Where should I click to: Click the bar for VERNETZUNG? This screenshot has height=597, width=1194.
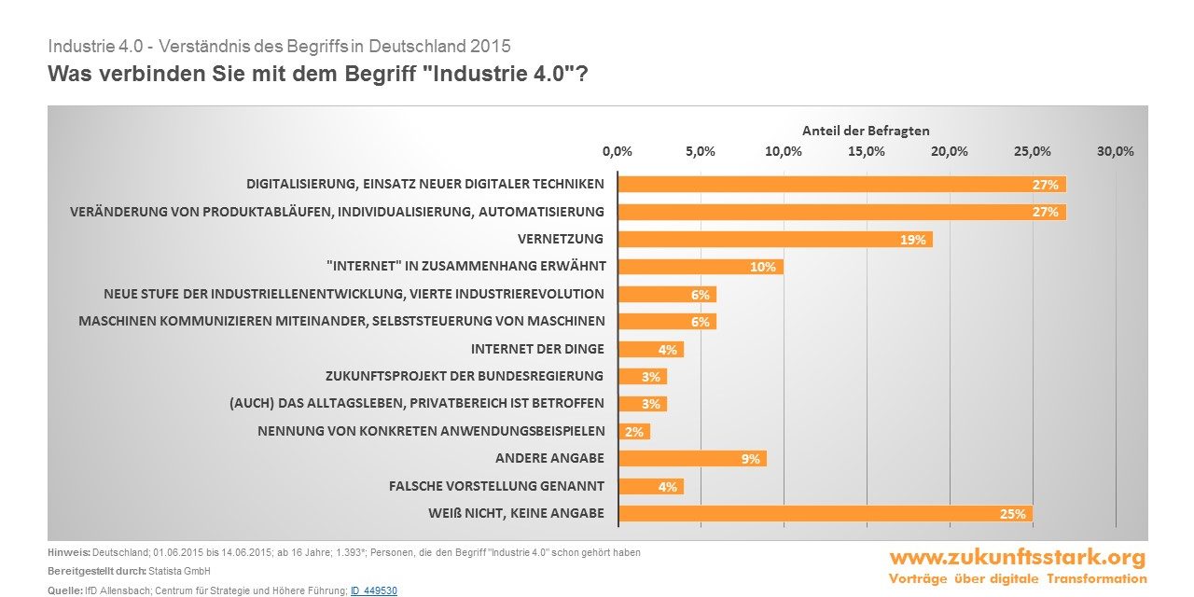click(774, 240)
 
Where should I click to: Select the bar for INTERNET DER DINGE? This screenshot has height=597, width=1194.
click(650, 350)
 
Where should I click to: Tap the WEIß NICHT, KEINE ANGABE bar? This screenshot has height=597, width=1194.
click(825, 514)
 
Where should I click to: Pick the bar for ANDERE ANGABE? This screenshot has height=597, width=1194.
click(691, 459)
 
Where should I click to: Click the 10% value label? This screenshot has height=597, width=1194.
click(763, 268)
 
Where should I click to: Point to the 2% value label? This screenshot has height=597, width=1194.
click(634, 432)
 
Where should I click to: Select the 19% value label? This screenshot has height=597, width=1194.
click(912, 240)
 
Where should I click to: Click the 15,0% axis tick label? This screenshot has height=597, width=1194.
click(867, 152)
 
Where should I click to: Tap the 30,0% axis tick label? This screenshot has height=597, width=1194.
click(1115, 152)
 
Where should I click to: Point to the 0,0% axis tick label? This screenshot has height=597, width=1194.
click(618, 152)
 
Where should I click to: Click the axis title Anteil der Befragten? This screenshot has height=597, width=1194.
click(866, 132)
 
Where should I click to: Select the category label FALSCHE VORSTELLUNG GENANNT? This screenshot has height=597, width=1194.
click(496, 486)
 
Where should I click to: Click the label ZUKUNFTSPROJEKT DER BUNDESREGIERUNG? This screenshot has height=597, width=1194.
click(465, 377)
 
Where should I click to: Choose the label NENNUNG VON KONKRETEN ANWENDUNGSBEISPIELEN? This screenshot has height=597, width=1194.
click(431, 431)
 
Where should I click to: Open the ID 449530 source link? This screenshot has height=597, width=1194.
click(374, 591)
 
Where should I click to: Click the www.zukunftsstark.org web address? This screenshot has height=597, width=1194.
click(1017, 558)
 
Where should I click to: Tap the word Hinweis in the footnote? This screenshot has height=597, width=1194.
click(68, 553)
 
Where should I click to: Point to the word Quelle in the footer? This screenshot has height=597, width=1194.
click(64, 591)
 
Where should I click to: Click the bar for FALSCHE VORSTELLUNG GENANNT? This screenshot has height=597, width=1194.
click(650, 486)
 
